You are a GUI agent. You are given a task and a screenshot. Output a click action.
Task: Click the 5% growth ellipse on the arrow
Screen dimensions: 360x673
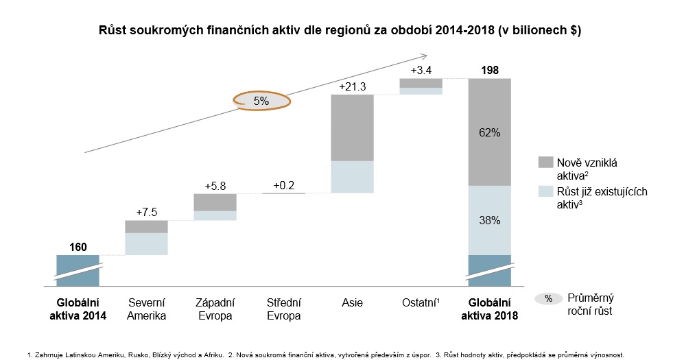coord(261,101)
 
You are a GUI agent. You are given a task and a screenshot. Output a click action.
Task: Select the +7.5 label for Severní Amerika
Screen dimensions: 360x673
coord(146,212)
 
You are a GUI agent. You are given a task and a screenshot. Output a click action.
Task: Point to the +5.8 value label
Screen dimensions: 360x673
coord(215,186)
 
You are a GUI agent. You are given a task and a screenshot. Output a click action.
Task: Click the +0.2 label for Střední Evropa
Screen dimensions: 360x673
coord(283,185)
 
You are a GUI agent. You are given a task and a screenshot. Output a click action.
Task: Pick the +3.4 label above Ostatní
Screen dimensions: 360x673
coord(421,71)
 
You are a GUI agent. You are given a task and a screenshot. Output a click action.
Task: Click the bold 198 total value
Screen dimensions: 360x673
coord(490,70)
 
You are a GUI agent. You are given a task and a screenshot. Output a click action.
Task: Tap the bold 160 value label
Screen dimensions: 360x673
coord(78,246)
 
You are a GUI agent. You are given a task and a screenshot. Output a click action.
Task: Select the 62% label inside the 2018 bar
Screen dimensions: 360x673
coord(490,132)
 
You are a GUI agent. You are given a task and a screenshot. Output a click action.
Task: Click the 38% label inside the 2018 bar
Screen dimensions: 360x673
coord(490,221)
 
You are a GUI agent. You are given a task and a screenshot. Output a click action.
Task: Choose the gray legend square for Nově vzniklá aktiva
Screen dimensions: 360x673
coord(546,163)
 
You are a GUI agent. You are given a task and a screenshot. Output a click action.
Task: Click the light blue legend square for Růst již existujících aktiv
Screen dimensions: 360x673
coord(546,191)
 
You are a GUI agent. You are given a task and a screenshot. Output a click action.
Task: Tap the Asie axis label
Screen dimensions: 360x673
coord(352,302)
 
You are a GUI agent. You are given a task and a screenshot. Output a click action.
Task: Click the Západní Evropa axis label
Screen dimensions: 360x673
coord(215,309)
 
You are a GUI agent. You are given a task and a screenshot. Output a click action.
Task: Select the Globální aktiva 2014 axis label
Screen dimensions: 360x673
coord(78,309)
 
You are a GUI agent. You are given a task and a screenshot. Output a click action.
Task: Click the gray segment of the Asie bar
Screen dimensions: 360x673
coord(352,128)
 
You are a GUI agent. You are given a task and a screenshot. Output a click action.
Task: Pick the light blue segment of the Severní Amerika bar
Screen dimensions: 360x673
coord(146,244)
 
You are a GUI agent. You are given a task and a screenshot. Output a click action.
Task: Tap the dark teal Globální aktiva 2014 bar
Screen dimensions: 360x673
coord(78,263)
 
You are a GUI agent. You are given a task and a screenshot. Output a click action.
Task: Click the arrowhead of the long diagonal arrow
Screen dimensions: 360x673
coord(425,56)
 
